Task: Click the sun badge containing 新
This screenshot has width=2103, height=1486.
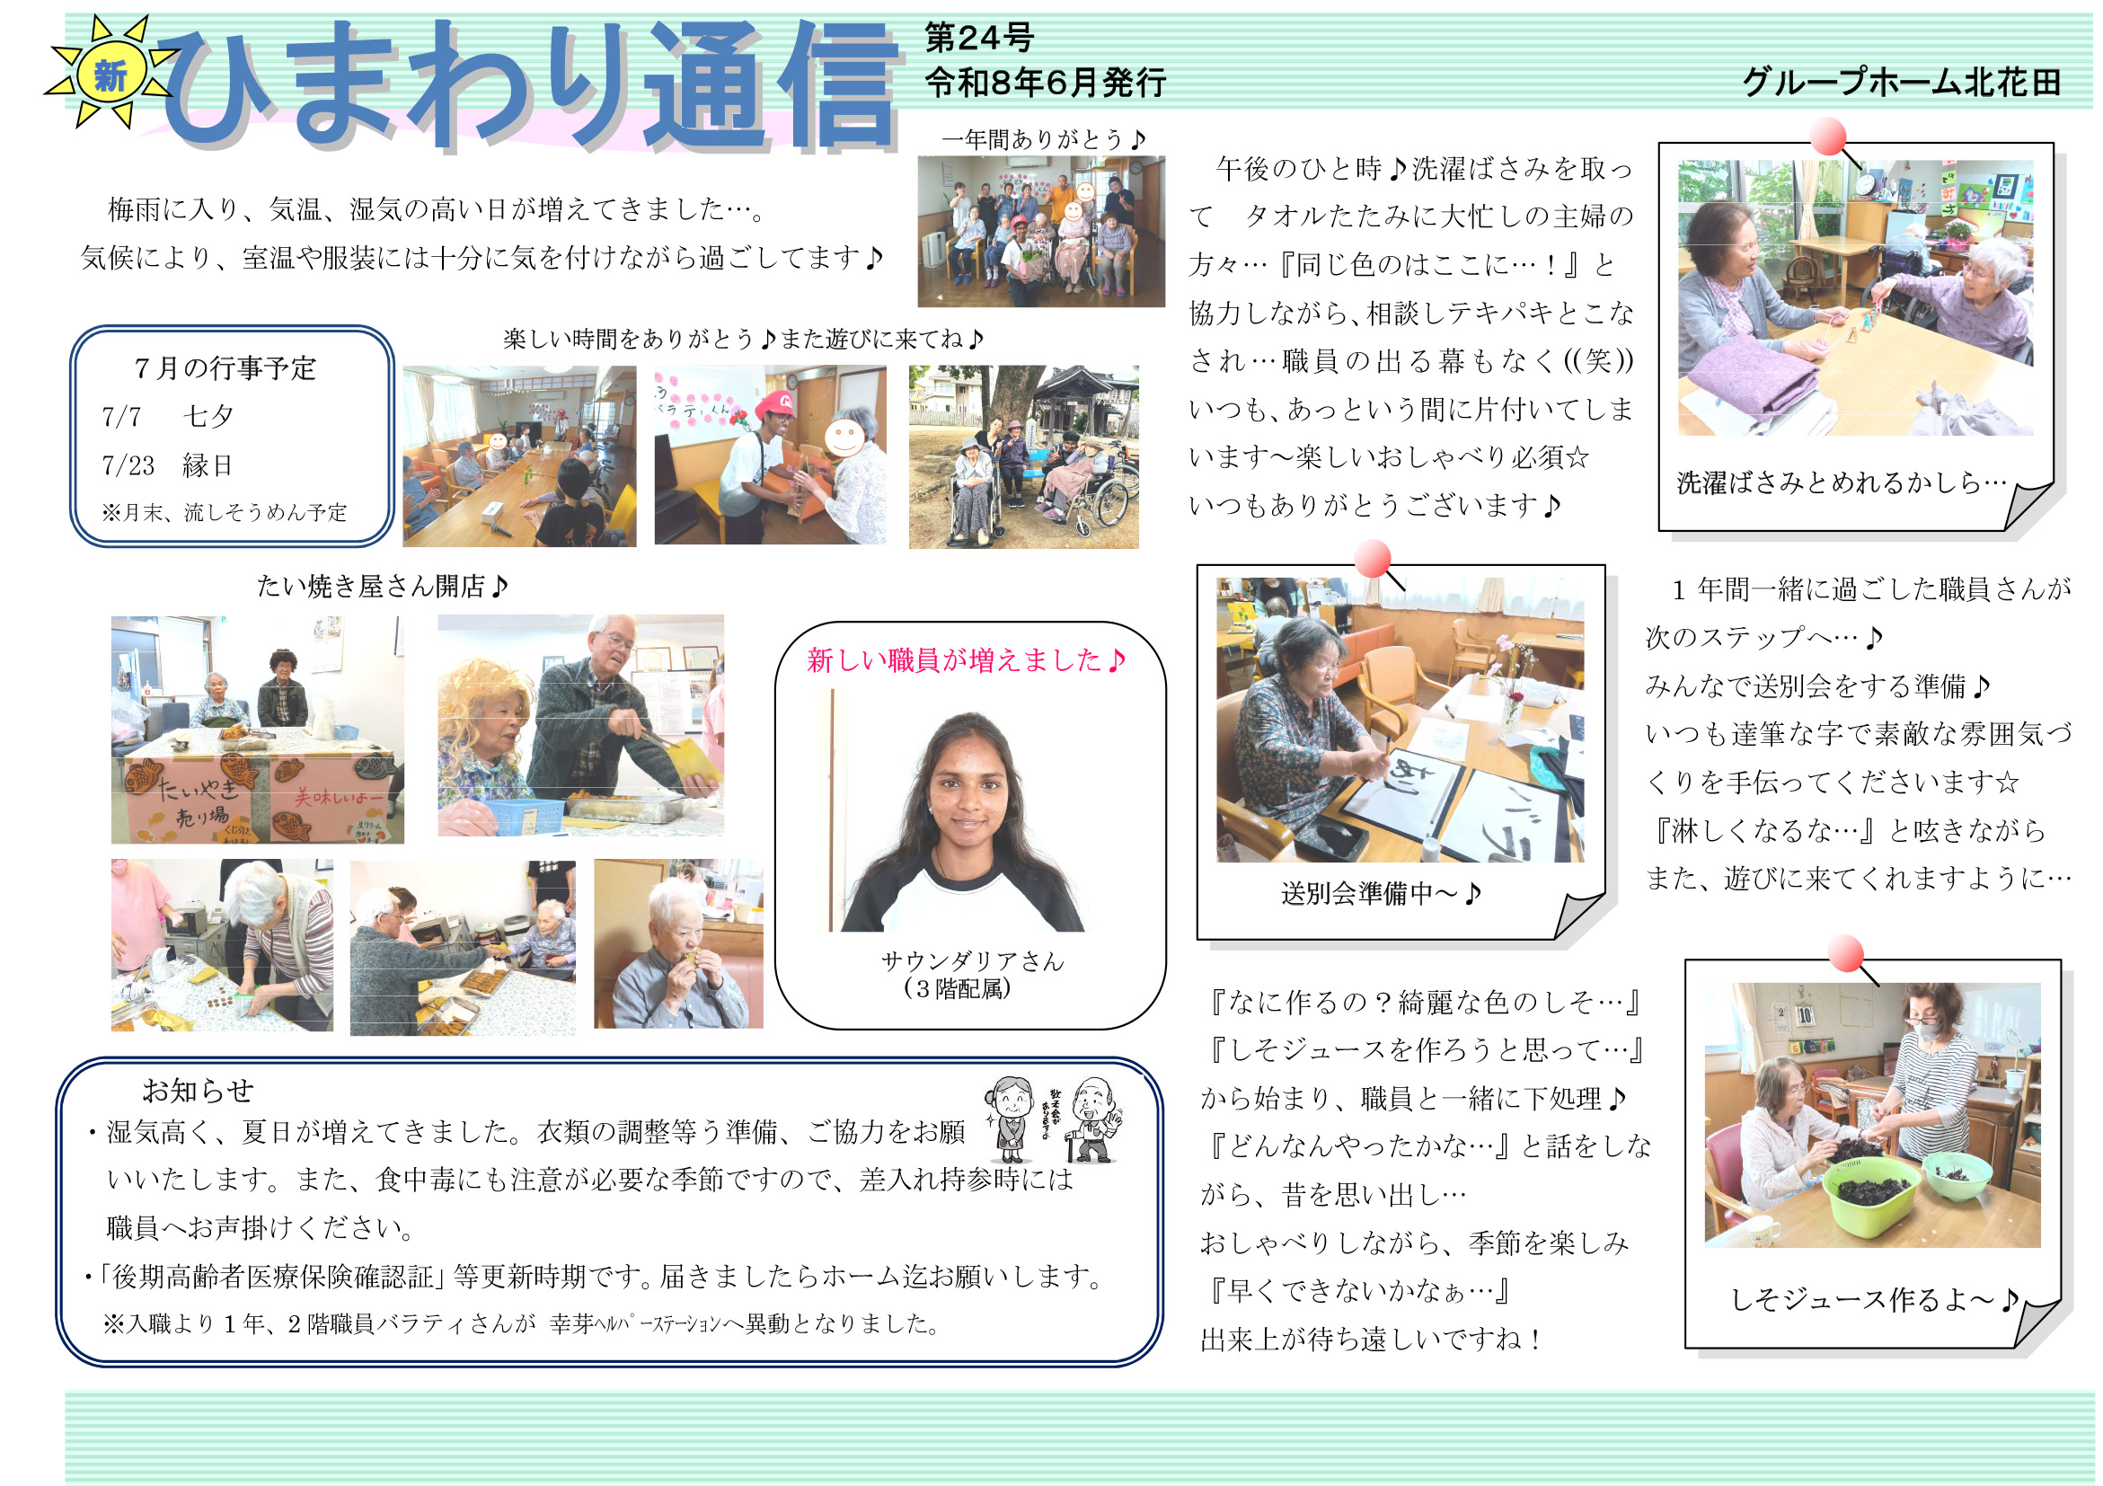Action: (110, 74)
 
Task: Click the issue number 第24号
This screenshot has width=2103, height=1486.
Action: (978, 38)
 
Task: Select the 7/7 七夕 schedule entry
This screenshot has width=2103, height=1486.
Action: (168, 417)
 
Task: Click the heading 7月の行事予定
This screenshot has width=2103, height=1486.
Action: (225, 368)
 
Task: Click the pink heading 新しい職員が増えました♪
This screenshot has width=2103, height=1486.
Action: (967, 659)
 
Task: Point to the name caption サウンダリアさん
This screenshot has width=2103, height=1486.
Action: (972, 961)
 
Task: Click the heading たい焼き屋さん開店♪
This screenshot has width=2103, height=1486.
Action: (383, 587)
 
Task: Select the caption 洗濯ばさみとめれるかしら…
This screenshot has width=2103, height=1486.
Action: (1842, 482)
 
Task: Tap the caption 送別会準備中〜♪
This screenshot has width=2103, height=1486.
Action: (1382, 893)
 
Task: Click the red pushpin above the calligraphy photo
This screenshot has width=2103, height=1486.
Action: (1373, 559)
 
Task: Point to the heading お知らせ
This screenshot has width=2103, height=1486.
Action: (198, 1090)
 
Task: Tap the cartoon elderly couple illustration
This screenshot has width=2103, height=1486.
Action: (1054, 1119)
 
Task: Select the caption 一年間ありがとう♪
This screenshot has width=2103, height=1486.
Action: (1044, 139)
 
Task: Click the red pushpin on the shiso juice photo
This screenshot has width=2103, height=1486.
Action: (1847, 954)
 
